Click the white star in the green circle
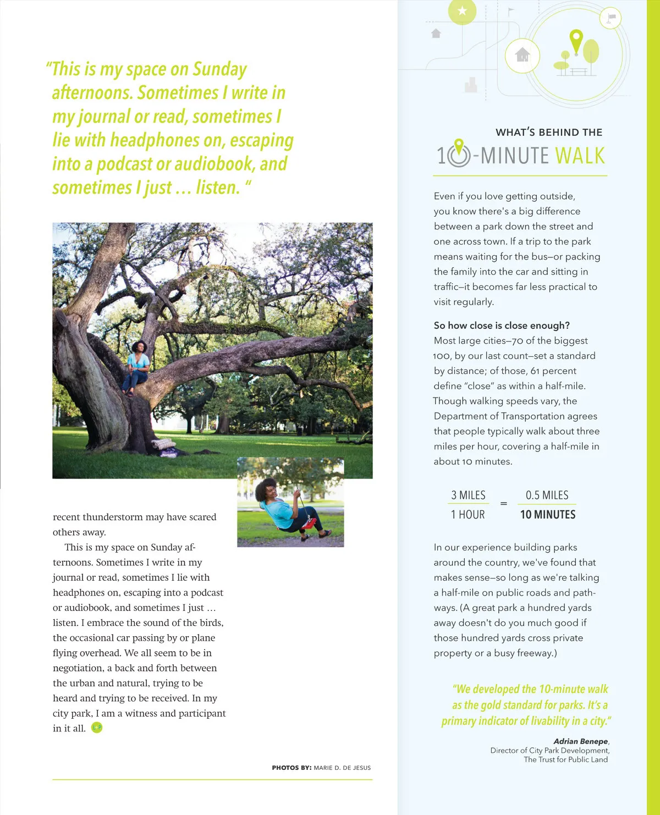(462, 10)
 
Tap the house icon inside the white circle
(522, 55)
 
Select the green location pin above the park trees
(576, 40)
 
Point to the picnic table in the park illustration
(579, 71)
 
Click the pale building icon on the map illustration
(471, 84)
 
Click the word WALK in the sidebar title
(580, 156)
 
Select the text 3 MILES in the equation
(468, 495)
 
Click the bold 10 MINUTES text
(548, 515)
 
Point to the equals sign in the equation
(503, 504)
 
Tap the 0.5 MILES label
(547, 495)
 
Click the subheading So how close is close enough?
(502, 326)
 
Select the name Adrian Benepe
(580, 741)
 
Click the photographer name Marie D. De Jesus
(342, 768)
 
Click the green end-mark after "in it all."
(97, 728)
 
